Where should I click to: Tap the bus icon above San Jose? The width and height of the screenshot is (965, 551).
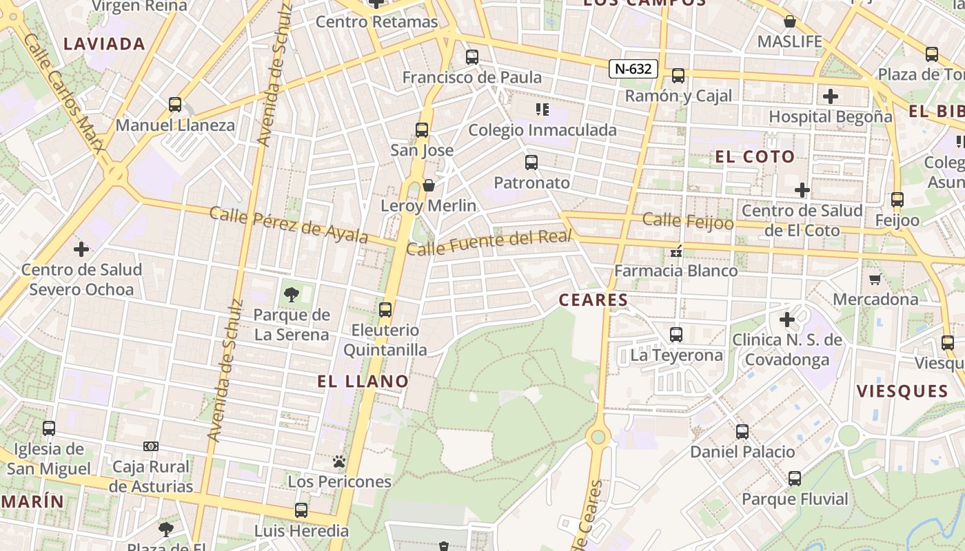coord(422,129)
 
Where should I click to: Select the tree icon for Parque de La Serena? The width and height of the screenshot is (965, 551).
coord(292,295)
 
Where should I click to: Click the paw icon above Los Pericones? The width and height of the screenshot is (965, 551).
coord(339,461)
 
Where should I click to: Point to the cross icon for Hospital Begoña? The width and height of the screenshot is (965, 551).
coord(831,96)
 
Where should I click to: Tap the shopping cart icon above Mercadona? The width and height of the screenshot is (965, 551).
coord(875,279)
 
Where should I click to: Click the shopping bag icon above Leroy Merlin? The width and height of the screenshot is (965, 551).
coord(429,185)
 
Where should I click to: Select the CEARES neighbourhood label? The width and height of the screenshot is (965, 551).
coord(593,300)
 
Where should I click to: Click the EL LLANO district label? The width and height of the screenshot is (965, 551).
coord(363,381)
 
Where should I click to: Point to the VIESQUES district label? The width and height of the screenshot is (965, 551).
coord(902,391)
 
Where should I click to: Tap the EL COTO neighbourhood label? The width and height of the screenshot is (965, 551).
coord(755,156)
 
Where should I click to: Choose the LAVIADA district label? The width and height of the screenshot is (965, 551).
coord(104,44)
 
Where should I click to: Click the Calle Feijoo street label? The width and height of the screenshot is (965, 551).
coord(688,222)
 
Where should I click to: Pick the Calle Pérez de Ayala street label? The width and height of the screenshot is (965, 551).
coord(288,225)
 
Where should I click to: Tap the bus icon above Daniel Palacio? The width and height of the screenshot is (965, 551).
coord(742,432)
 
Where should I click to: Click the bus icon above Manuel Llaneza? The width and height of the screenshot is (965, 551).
coord(175,105)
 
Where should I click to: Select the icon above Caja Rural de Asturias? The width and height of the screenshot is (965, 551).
coord(151,446)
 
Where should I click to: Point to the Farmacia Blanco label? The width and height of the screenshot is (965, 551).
coord(675,271)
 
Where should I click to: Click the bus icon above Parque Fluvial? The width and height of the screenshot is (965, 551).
coord(795,479)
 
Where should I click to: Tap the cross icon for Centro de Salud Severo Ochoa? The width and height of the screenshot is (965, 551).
coord(81,249)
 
